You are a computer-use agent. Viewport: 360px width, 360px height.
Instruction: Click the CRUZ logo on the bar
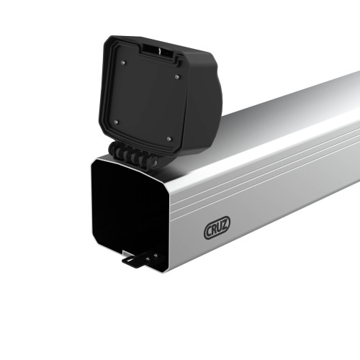coord(217,229)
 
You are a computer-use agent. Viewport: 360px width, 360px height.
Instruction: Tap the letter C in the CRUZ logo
coord(209,231)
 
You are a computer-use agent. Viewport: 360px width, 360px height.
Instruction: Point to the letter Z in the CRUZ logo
coord(225,227)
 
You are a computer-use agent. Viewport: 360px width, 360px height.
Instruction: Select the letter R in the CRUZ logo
coord(214,230)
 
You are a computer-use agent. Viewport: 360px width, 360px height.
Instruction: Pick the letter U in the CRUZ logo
coord(220,228)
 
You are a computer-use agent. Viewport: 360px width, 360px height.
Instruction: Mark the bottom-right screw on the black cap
coord(168,138)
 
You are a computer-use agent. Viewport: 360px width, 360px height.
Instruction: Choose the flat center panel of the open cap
coord(148,97)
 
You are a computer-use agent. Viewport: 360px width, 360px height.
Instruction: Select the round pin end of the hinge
coord(153,163)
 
